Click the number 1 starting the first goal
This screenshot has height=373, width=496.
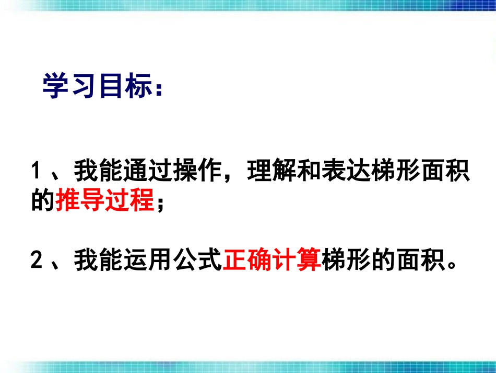[36, 171]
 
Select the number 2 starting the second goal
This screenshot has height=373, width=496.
[36, 259]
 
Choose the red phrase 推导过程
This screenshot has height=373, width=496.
[104, 200]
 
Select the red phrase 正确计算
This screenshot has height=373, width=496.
[272, 259]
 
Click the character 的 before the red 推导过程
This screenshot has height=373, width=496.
[43, 200]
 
